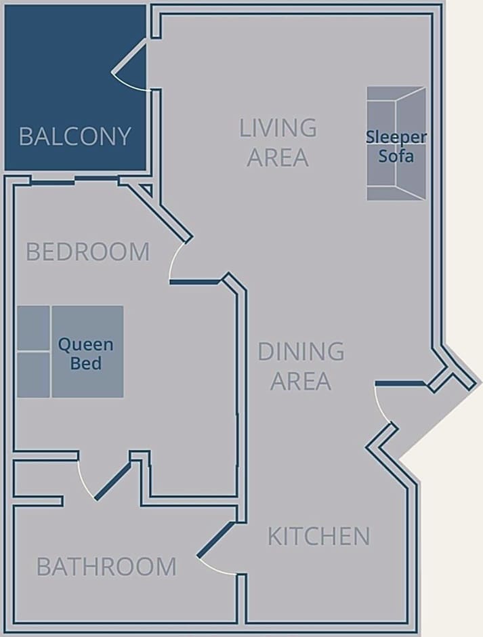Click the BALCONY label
(x=75, y=136)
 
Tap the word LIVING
(x=278, y=127)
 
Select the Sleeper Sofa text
(x=396, y=146)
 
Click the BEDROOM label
(x=88, y=252)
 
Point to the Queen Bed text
(x=86, y=354)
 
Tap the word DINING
(x=301, y=352)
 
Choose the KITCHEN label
(x=319, y=536)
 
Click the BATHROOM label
(x=106, y=567)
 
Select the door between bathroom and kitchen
(x=215, y=539)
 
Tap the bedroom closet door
(x=113, y=480)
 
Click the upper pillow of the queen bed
(x=33, y=328)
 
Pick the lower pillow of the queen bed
(x=33, y=375)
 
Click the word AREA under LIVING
(x=278, y=157)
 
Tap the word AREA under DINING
(x=301, y=381)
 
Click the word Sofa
(x=396, y=156)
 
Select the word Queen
(x=86, y=346)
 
